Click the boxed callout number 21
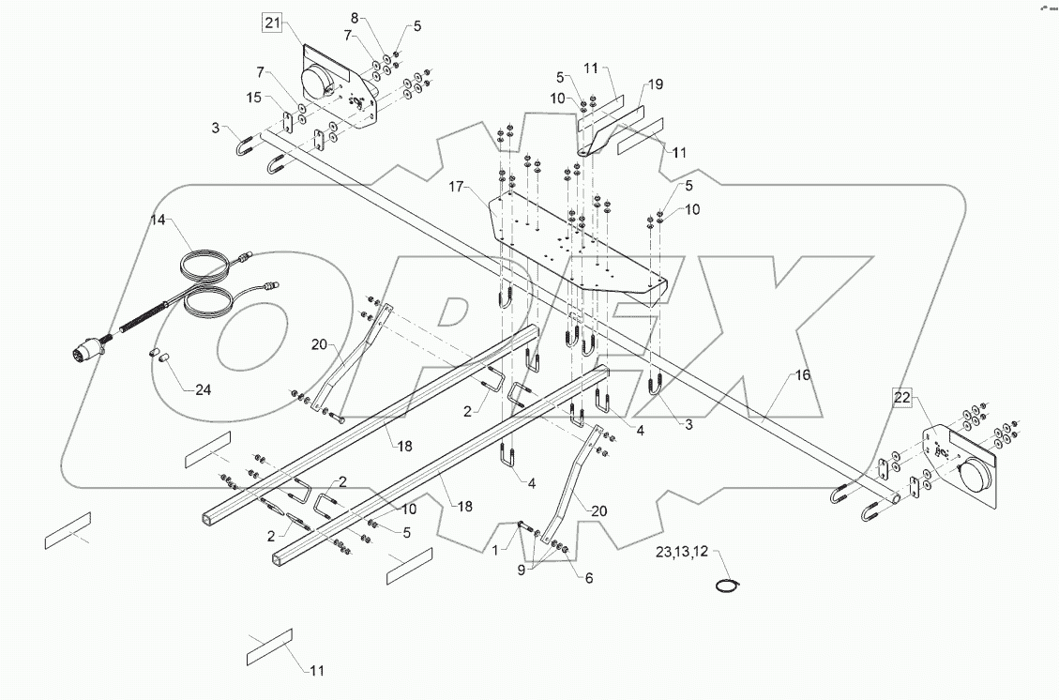(271, 24)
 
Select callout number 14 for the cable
(157, 221)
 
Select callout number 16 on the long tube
(802, 374)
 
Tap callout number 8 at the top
(354, 18)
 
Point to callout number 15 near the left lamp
(254, 98)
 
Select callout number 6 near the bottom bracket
(588, 579)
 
